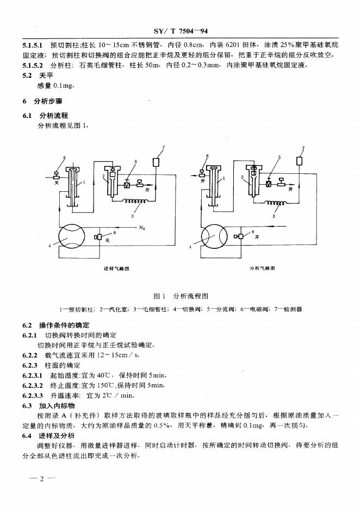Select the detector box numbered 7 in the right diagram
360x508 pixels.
299,160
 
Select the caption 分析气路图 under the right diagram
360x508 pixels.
262,268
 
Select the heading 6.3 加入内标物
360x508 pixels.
52,405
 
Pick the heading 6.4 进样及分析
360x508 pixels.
52,436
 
